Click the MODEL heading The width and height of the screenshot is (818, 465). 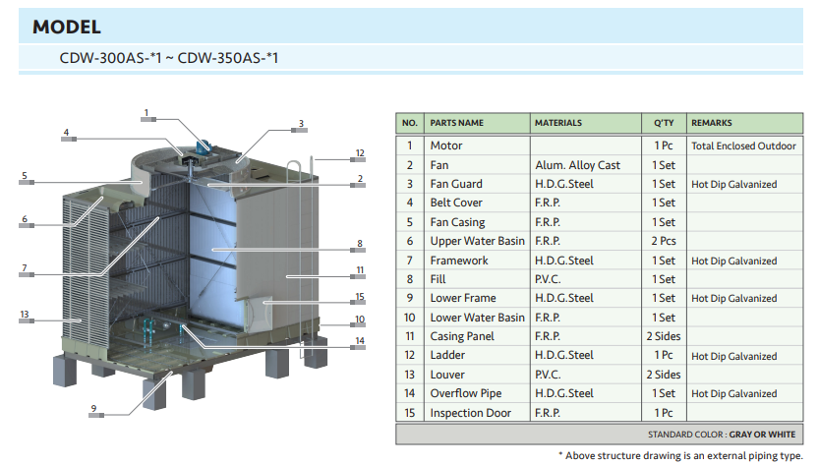pyautogui.click(x=67, y=28)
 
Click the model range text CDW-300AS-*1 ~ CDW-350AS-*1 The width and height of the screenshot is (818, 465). pyautogui.click(x=169, y=58)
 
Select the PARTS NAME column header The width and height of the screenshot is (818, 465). pyautogui.click(x=457, y=123)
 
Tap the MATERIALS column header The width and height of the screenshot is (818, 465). pyautogui.click(x=558, y=123)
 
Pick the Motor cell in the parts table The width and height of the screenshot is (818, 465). pyautogui.click(x=446, y=145)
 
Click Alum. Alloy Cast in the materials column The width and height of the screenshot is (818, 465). pyautogui.click(x=577, y=165)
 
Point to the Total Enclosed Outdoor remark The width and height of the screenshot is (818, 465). pyautogui.click(x=743, y=145)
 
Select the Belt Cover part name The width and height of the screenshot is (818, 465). pyautogui.click(x=456, y=203)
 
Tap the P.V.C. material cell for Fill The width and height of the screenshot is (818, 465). pyautogui.click(x=549, y=279)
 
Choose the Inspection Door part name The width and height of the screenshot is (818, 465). pyautogui.click(x=471, y=413)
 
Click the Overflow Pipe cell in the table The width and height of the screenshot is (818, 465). pyautogui.click(x=465, y=393)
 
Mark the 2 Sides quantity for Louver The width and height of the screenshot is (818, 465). pyautogui.click(x=664, y=375)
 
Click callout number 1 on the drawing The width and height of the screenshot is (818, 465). pyautogui.click(x=146, y=112)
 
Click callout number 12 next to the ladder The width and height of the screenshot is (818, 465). pyautogui.click(x=360, y=153)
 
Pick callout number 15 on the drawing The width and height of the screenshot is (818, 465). pyautogui.click(x=360, y=296)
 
